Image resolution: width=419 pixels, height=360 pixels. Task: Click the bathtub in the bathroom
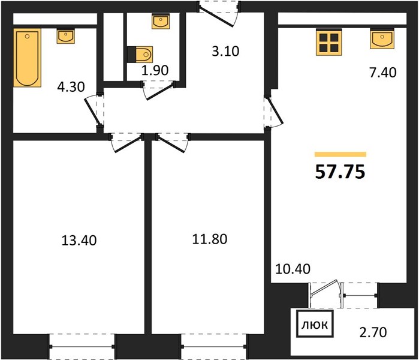coord(27,58)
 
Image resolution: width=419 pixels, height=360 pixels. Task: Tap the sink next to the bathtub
coord(65,37)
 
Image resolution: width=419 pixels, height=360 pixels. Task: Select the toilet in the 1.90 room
coord(140,54)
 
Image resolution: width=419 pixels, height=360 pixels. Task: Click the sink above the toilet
coord(160,22)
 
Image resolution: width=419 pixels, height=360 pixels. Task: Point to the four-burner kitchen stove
coord(328,43)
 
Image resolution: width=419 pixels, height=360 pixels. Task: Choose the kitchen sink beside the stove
coord(382,38)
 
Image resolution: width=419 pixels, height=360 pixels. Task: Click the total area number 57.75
coord(340,172)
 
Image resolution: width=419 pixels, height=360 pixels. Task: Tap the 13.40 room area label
coord(79,240)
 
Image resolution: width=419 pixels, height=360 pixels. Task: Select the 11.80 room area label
coord(210,239)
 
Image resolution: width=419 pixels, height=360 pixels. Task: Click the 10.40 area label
coord(293,269)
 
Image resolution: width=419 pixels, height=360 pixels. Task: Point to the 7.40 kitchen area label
coord(383,73)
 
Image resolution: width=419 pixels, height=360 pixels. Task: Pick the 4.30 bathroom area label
coord(71,87)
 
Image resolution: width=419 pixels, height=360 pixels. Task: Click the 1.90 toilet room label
coord(155,70)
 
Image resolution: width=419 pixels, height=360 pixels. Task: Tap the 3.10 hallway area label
coord(225,51)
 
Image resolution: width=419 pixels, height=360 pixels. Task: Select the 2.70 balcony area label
coord(373,332)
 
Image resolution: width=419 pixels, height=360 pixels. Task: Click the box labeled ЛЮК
coord(315,324)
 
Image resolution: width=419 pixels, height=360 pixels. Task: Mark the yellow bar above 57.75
coord(340,154)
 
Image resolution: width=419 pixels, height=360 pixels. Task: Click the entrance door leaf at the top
coord(217,17)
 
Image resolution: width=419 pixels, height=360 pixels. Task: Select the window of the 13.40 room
coord(82,347)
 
